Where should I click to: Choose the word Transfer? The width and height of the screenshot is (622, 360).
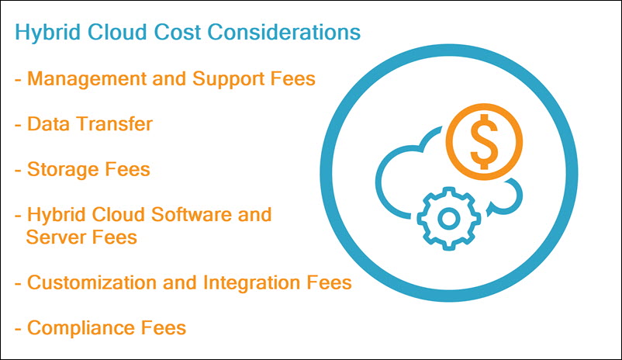[x=113, y=124]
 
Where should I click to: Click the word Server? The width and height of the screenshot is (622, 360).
[x=54, y=237]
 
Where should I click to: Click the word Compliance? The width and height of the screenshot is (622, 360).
[x=82, y=328]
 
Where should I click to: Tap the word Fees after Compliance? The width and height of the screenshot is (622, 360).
[x=164, y=328]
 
